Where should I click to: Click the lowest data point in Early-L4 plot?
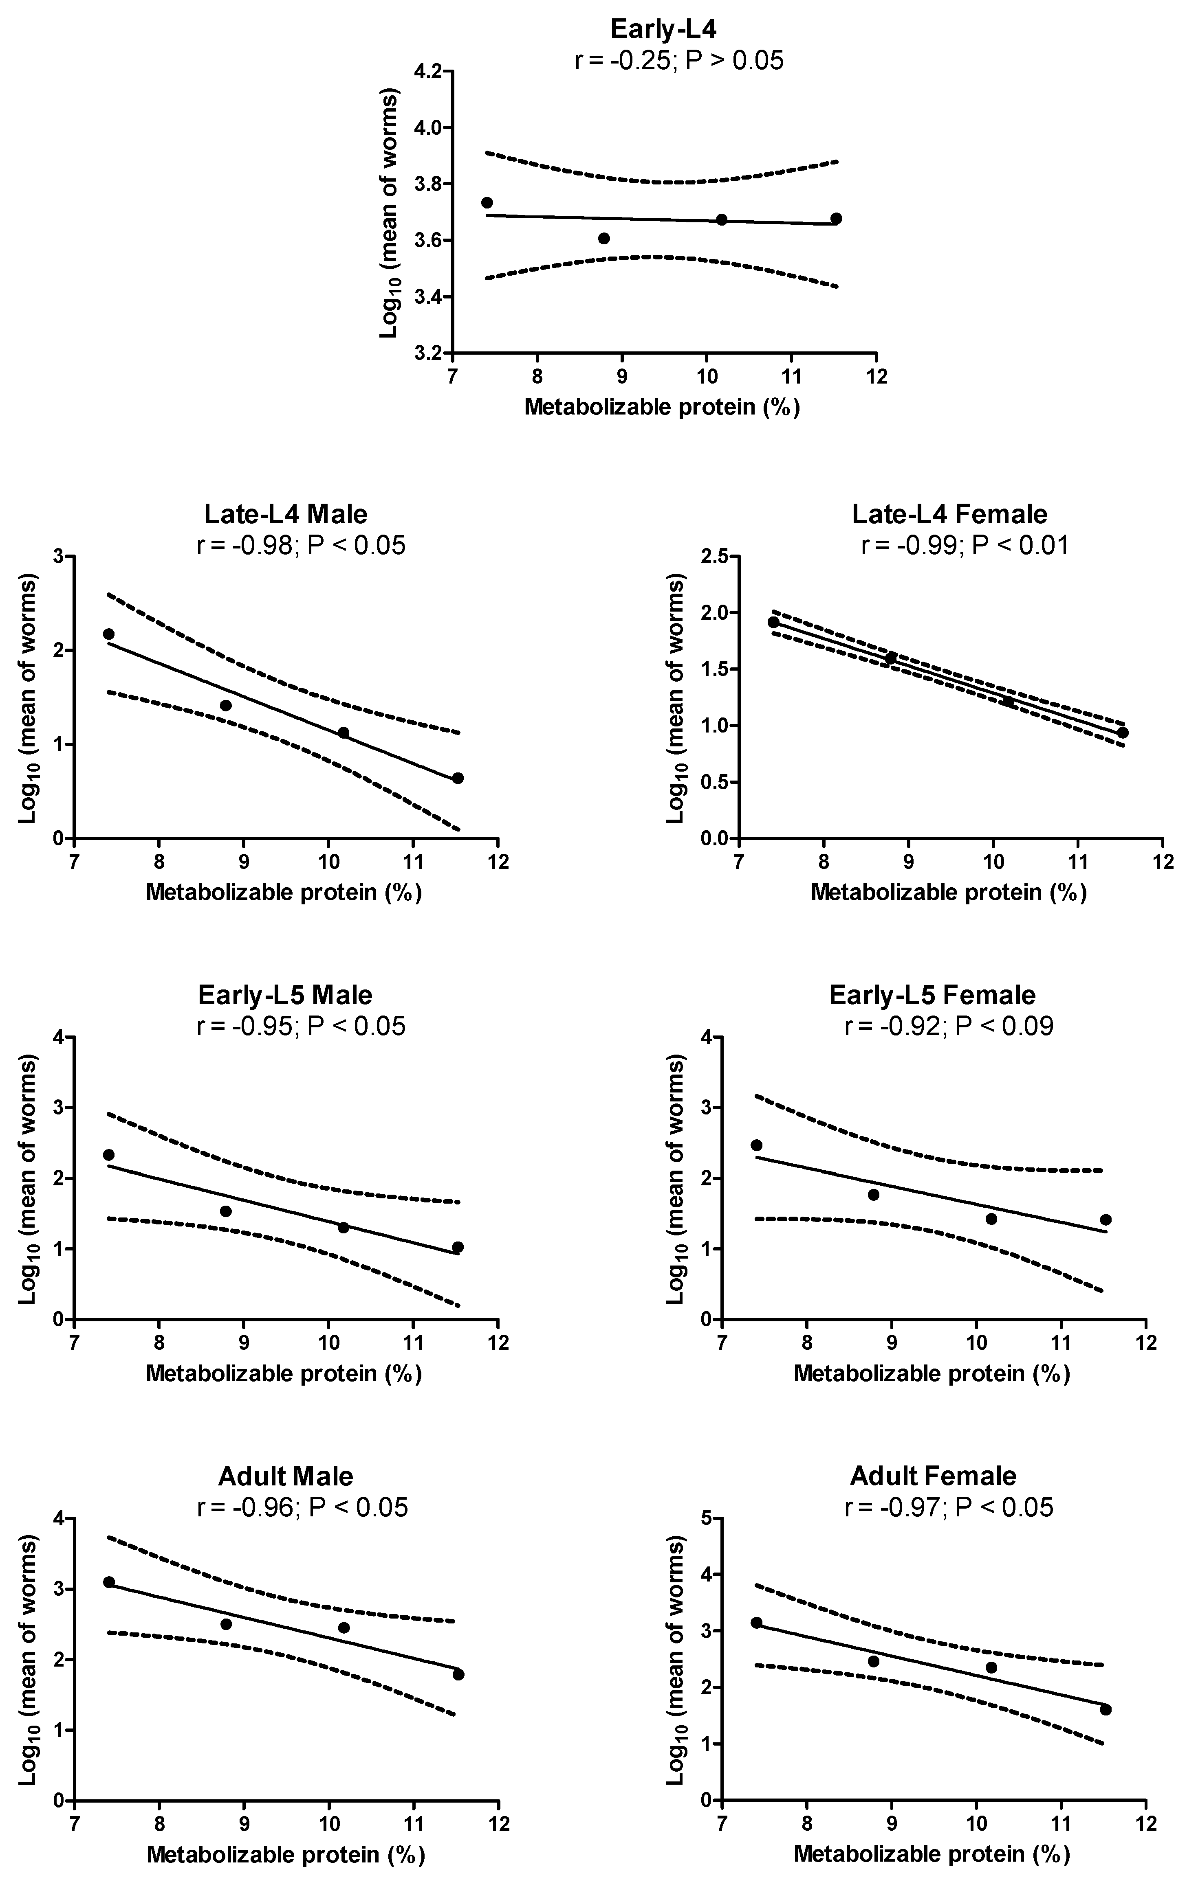(x=603, y=238)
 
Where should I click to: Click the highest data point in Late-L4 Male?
(x=109, y=634)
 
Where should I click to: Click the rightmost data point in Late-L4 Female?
(x=1123, y=733)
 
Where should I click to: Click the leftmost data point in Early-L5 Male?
(x=109, y=1154)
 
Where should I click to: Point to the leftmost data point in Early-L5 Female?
(x=756, y=1145)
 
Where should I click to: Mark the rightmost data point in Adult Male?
(x=458, y=1674)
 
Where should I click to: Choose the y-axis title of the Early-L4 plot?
(x=389, y=213)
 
